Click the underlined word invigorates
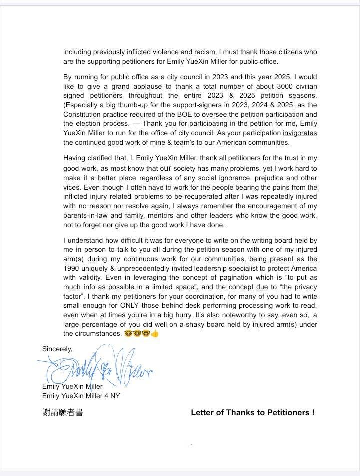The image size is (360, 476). click(300, 133)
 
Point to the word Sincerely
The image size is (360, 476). click(57, 349)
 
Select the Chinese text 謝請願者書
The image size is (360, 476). click(62, 413)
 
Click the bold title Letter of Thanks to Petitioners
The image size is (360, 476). click(253, 413)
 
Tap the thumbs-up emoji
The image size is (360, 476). click(155, 334)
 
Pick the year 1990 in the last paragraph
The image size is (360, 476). click(72, 268)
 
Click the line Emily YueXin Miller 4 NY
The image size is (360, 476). click(81, 396)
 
